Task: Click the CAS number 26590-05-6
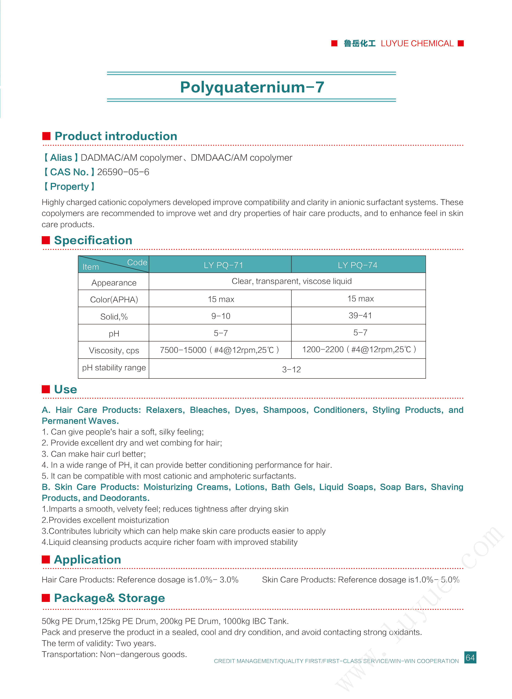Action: click(x=123, y=172)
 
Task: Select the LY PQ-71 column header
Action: click(x=223, y=265)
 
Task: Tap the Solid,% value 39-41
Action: click(x=360, y=316)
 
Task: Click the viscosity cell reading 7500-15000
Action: click(x=219, y=350)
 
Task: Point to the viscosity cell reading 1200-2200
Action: click(x=359, y=350)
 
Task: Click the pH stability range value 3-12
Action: click(x=291, y=370)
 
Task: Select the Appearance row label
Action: click(x=114, y=283)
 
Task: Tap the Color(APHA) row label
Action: click(x=114, y=300)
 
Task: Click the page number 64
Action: click(x=470, y=657)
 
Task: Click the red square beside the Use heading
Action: click(x=46, y=389)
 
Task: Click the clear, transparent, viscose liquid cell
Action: click(x=291, y=281)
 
